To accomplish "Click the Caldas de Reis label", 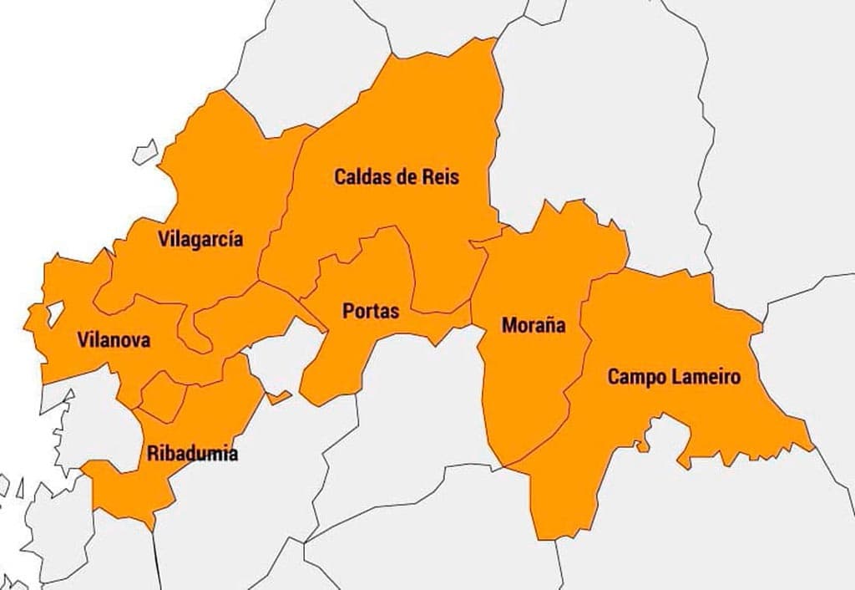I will click(x=397, y=177).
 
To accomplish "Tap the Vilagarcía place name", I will click(x=200, y=240).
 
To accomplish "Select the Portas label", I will click(x=371, y=311).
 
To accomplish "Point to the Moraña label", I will click(x=534, y=325).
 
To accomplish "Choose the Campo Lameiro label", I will click(x=673, y=377).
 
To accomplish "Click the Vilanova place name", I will click(x=114, y=340).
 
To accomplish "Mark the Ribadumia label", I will click(x=192, y=454).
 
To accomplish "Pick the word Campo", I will click(x=632, y=377).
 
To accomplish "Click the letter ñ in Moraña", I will click(x=549, y=325).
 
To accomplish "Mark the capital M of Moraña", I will click(x=508, y=325).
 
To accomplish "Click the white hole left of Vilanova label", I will click(x=55, y=313).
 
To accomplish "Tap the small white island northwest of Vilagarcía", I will click(x=146, y=151).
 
